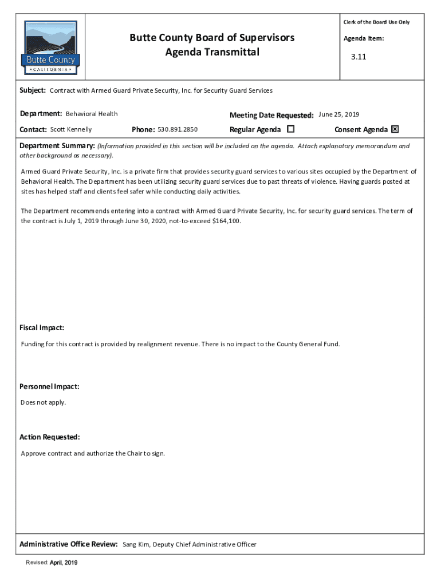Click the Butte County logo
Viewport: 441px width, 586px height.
point(51,47)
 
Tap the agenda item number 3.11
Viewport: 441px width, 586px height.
point(359,57)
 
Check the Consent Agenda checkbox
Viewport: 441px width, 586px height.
point(395,129)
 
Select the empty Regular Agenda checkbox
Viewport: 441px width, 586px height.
point(290,129)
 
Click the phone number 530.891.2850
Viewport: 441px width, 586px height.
point(178,129)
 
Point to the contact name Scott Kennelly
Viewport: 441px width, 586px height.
point(71,129)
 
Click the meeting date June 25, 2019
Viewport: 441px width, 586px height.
point(339,114)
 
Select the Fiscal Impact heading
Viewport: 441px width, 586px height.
point(42,328)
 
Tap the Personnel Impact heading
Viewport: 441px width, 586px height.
point(49,386)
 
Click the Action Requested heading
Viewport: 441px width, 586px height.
point(50,437)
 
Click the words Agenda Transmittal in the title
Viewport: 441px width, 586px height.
point(212,53)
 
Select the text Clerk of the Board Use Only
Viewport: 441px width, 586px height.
point(376,22)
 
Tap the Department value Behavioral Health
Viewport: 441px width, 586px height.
point(92,114)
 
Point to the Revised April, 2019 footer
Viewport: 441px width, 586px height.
point(52,563)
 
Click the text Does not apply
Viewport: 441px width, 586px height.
point(44,402)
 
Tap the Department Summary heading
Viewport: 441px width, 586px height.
point(57,146)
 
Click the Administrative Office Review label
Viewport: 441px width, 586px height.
point(69,544)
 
